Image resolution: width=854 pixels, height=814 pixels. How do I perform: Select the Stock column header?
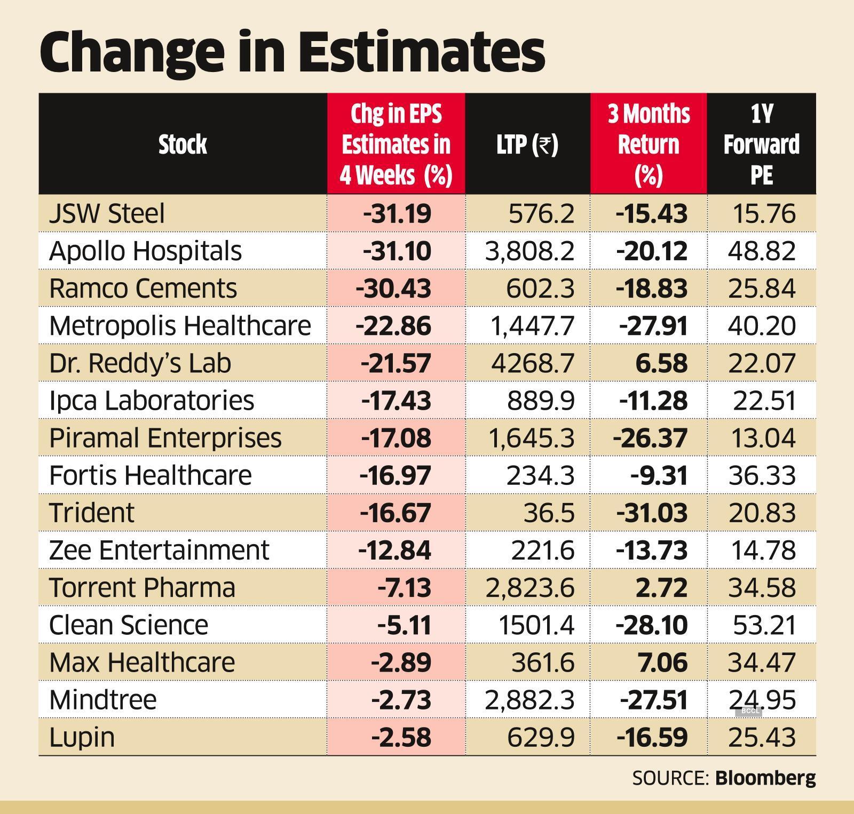click(183, 144)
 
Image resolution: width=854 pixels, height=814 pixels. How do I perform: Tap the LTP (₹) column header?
click(527, 145)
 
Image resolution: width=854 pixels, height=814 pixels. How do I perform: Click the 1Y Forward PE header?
click(761, 144)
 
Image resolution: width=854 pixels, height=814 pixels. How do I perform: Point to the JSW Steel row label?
click(107, 213)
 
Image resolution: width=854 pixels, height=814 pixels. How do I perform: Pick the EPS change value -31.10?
click(397, 251)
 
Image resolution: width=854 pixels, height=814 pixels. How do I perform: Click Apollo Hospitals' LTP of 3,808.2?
click(529, 251)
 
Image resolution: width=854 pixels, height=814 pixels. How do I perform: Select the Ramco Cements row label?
click(143, 288)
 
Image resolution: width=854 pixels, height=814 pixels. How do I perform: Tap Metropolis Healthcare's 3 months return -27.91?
click(653, 325)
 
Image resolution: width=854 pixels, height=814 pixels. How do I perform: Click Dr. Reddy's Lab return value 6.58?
click(661, 363)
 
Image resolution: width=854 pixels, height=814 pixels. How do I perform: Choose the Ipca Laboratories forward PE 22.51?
click(764, 400)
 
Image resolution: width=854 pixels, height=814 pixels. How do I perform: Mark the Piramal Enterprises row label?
click(165, 437)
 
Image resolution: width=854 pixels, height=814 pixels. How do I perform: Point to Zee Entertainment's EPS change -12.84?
click(394, 549)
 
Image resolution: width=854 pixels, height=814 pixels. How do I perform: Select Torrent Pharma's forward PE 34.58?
click(762, 587)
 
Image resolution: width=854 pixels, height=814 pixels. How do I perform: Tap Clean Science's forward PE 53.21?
click(764, 625)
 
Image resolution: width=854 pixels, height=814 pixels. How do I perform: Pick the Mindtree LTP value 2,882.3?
click(529, 699)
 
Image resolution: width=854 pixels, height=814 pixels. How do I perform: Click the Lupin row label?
click(82, 737)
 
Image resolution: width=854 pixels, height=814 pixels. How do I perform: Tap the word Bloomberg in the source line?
click(765, 778)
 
